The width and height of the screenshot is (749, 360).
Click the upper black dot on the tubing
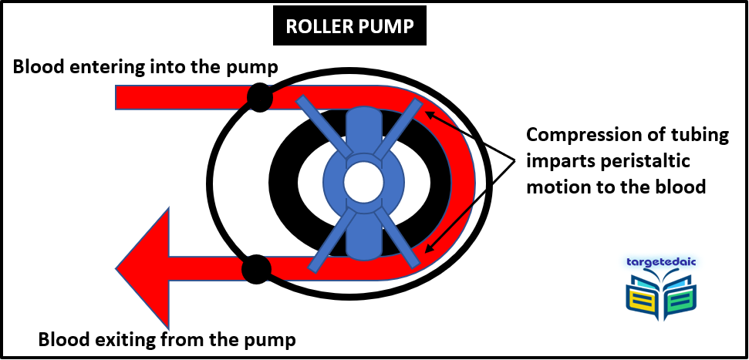[259, 97]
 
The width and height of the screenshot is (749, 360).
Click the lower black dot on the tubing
[255, 269]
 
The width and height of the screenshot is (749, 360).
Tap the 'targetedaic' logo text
[661, 261]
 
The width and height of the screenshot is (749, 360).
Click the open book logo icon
[661, 297]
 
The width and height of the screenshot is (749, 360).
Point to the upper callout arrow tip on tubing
[428, 113]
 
